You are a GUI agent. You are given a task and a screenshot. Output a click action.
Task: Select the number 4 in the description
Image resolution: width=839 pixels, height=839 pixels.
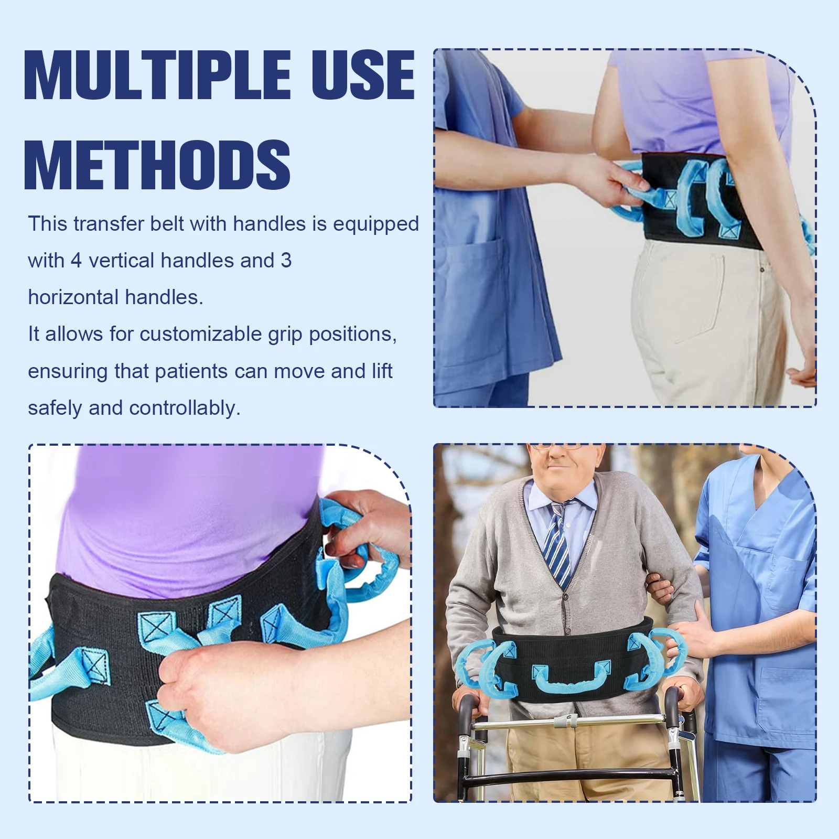tap(76, 261)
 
